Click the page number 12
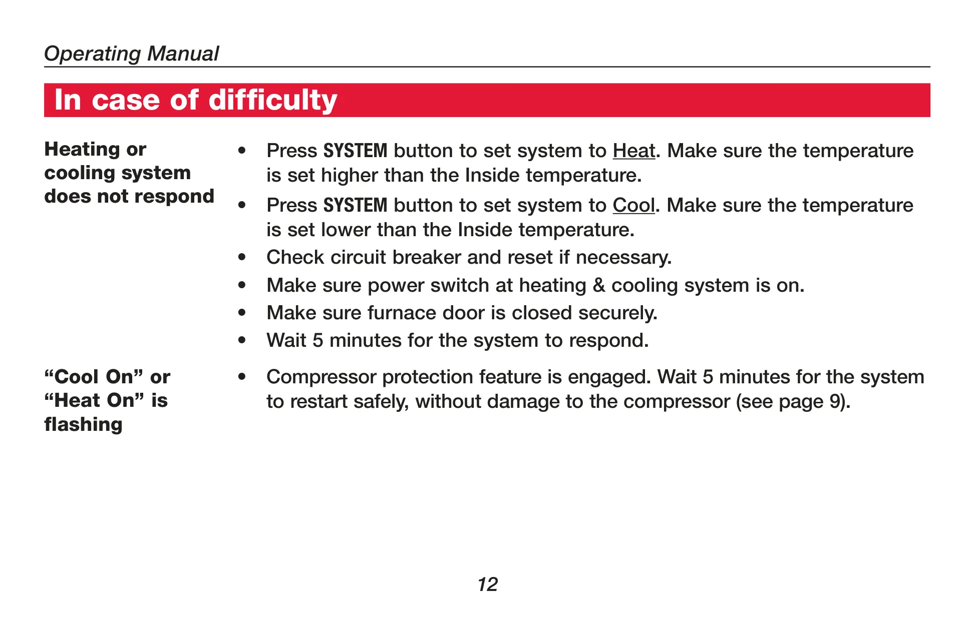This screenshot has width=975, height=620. (x=488, y=584)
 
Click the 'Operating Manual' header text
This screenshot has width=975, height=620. (x=131, y=54)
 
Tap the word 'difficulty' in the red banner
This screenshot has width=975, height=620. (x=273, y=100)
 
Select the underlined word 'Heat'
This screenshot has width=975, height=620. (x=634, y=151)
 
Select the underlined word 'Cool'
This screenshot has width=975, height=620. (x=633, y=205)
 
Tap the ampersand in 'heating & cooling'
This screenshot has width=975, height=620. (x=599, y=285)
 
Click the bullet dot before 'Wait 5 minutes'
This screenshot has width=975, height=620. (x=242, y=341)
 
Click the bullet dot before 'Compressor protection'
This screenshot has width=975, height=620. (x=242, y=377)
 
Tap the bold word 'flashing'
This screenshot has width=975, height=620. (x=83, y=425)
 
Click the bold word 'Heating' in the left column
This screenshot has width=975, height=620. (x=82, y=150)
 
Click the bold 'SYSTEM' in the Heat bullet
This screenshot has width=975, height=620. (x=356, y=151)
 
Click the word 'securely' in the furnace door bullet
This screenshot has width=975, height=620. (x=618, y=313)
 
